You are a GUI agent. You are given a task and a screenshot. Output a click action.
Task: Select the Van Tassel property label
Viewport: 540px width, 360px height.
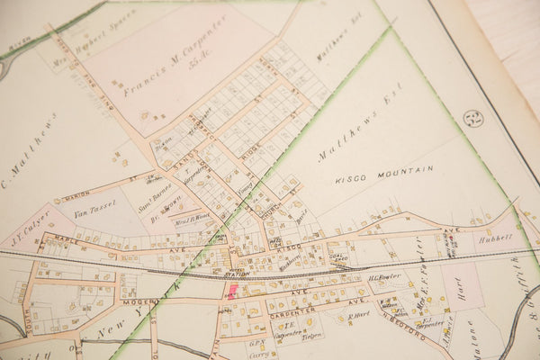coord(91,212)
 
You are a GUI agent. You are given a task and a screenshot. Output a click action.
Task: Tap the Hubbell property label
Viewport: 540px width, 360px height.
coord(493,238)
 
